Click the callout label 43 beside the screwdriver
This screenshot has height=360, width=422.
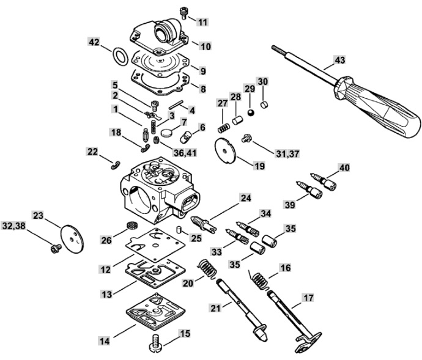[x=339, y=59]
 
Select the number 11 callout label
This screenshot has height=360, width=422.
[x=202, y=21]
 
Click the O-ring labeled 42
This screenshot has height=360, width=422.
[x=120, y=56]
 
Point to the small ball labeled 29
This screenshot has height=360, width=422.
[x=251, y=112]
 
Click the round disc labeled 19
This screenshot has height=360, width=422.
[x=225, y=151]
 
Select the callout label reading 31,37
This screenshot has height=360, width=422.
[x=287, y=154]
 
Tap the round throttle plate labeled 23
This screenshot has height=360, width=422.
[x=72, y=239]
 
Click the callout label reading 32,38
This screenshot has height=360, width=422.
[x=13, y=226]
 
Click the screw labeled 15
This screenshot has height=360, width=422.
[x=156, y=343]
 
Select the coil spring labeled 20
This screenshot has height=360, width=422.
[x=208, y=269]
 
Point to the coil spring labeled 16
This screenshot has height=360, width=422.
[x=259, y=280]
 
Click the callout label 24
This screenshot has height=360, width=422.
[x=245, y=198]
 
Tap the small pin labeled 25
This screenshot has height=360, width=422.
[x=179, y=230]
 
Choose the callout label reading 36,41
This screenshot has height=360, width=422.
[x=185, y=153]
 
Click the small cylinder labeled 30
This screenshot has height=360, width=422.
[x=265, y=105]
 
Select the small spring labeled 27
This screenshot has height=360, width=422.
[x=223, y=128]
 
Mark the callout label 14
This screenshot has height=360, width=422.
[x=105, y=341]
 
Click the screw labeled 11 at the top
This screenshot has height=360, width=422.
[x=183, y=13]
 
